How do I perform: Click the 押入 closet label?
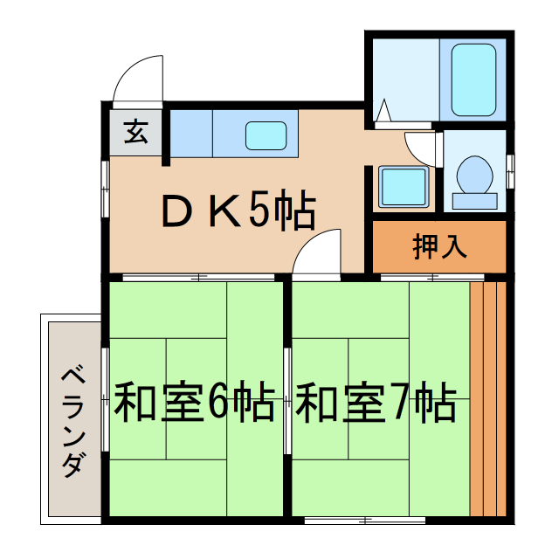439,247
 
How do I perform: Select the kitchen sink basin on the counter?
266,135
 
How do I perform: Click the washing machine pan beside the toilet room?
404,186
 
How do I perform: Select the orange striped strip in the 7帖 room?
488,398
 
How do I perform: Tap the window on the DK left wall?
105,175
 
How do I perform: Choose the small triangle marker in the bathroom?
383,112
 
